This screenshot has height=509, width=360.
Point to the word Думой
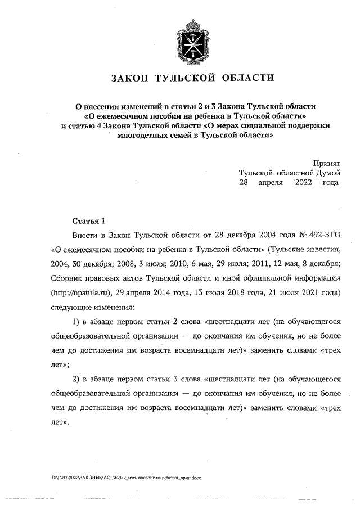(323, 173)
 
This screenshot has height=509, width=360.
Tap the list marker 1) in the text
(77, 322)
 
